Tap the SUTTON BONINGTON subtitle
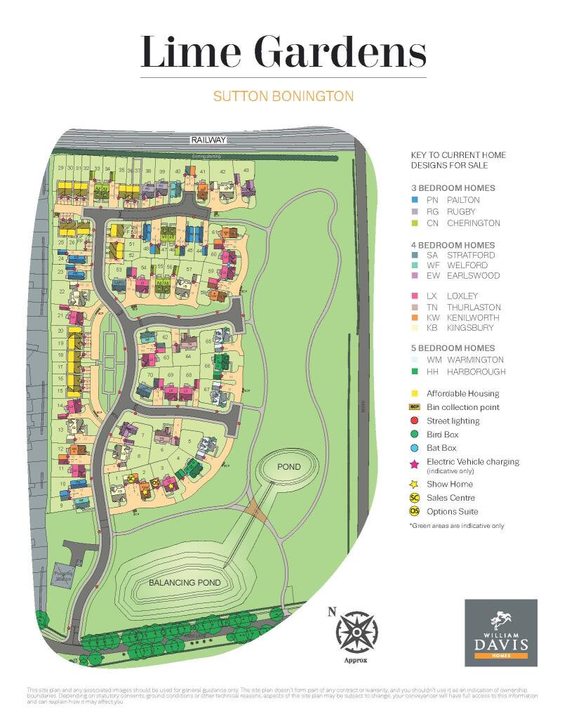[x=283, y=96]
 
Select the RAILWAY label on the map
[x=208, y=141]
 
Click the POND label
[x=288, y=467]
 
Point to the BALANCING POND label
[x=185, y=583]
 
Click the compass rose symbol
[x=356, y=630]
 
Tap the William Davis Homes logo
[x=500, y=633]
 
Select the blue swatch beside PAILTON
[x=415, y=200]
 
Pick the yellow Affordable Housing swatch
[x=415, y=394]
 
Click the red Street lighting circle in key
[x=415, y=421]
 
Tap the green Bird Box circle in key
[x=415, y=435]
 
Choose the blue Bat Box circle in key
[x=415, y=448]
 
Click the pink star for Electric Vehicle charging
[x=415, y=463]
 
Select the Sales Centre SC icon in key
[x=415, y=498]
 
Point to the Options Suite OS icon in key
[x=415, y=511]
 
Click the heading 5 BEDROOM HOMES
[x=453, y=348]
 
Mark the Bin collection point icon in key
[x=415, y=407]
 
